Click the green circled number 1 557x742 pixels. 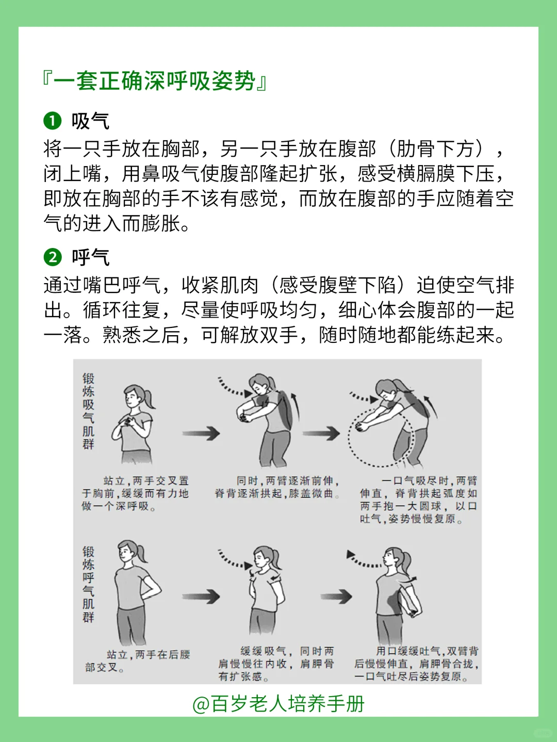click(53, 121)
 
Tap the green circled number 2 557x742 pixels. click(53, 257)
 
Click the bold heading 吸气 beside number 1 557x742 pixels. click(90, 121)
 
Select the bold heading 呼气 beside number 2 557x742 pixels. click(90, 257)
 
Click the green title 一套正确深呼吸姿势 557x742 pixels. click(154, 81)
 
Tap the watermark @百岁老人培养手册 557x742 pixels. click(278, 704)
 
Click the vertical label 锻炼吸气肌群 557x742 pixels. click(88, 411)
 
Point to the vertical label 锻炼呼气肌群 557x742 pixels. click(88, 584)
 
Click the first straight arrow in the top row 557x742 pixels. click(201, 433)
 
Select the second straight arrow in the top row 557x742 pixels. click(321, 433)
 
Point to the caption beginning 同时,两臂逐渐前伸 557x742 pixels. click(277, 487)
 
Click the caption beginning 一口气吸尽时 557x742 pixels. click(418, 500)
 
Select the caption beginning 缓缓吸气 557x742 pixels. click(276, 664)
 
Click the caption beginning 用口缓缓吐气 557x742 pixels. click(416, 664)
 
